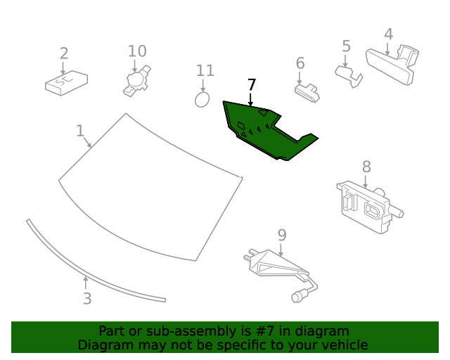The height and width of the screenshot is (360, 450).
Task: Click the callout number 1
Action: pyautogui.click(x=80, y=131)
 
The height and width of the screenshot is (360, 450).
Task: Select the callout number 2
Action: pyautogui.click(x=64, y=53)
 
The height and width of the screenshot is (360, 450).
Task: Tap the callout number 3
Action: pyautogui.click(x=86, y=299)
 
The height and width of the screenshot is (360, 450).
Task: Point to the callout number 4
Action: pyautogui.click(x=388, y=34)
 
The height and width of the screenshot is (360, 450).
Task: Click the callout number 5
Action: pyautogui.click(x=346, y=46)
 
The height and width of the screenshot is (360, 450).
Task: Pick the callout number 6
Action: pyautogui.click(x=300, y=63)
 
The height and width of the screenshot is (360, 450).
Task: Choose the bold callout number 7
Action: pyautogui.click(x=252, y=84)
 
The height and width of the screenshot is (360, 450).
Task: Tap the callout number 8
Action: pyautogui.click(x=366, y=167)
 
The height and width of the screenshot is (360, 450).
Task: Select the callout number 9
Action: pyautogui.click(x=281, y=234)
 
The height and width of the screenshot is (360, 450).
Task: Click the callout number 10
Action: pyautogui.click(x=137, y=51)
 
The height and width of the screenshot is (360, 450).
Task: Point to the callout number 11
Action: pyautogui.click(x=205, y=70)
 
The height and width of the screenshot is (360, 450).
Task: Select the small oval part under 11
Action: pyautogui.click(x=202, y=99)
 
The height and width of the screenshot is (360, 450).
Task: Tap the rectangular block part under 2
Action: pyautogui.click(x=66, y=84)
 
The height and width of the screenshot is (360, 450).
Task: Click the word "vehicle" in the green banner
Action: pyautogui.click(x=342, y=345)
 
